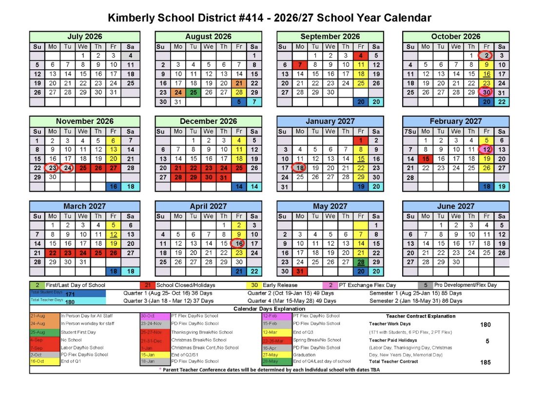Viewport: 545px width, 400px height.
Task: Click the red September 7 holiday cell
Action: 300,65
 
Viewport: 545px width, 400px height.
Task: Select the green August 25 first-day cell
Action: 194,92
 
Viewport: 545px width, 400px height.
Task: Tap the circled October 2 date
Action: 486,56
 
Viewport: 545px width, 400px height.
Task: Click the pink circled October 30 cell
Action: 486,92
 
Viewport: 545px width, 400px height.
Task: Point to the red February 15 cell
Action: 426,159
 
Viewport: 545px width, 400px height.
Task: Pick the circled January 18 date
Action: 300,168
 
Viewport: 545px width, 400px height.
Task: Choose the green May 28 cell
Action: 361,262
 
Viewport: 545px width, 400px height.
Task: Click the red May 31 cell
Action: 300,271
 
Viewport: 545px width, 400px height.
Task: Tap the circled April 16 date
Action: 239,243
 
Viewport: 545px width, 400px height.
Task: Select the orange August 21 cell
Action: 239,83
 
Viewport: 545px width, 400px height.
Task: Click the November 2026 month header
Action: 84,121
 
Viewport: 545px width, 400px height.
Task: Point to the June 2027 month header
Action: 455,206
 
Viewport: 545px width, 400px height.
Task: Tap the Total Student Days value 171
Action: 70,294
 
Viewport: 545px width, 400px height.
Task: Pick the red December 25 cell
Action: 239,168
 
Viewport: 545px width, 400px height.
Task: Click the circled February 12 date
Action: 486,149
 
